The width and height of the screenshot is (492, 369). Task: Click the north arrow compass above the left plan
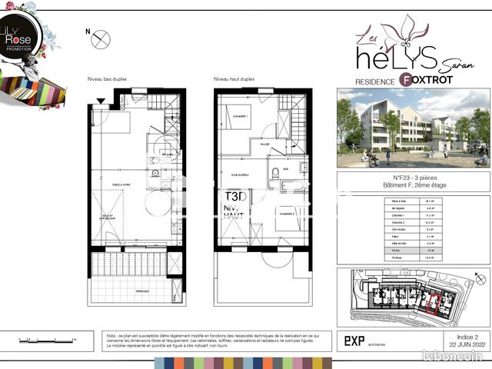pyautogui.click(x=100, y=40)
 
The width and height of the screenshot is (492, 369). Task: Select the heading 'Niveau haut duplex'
pyautogui.click(x=235, y=79)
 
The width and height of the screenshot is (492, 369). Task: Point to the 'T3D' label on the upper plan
pyautogui.click(x=230, y=195)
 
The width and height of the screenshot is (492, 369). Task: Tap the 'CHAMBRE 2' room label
pyautogui.click(x=289, y=213)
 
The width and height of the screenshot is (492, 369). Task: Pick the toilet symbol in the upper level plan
pyautogui.click(x=274, y=171)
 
